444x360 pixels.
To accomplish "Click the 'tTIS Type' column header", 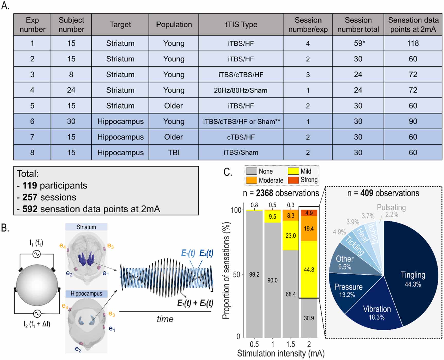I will (x=241, y=24).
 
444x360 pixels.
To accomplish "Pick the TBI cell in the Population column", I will (x=174, y=152).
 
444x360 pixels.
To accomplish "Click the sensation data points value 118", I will (x=413, y=43).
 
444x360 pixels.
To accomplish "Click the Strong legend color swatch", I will (x=293, y=180).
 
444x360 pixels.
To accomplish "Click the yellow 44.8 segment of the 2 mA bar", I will (x=309, y=269).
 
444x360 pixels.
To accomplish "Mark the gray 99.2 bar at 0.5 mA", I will (x=254, y=274).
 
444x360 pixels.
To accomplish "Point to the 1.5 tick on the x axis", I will (x=291, y=344).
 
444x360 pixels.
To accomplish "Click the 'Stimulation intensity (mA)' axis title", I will (x=281, y=354).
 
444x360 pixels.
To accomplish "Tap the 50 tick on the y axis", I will (x=236, y=274).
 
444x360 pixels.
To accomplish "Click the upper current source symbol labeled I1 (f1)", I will (x=37, y=254).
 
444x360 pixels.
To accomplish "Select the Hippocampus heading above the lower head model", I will (x=86, y=294).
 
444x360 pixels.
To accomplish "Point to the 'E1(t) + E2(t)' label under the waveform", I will (x=195, y=303).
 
